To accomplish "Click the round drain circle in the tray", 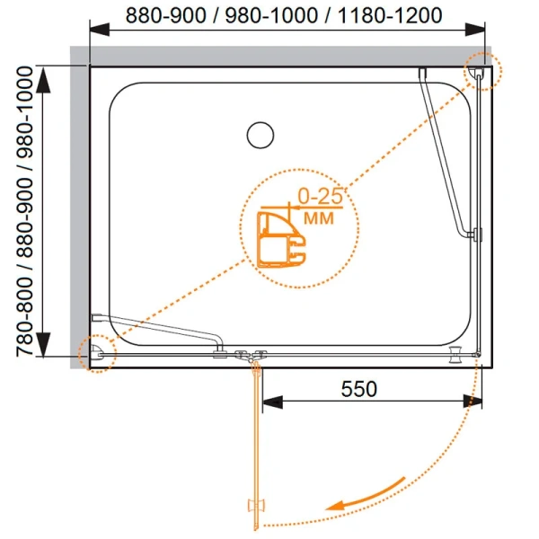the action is coord(261,135).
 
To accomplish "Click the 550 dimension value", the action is coord(358,389).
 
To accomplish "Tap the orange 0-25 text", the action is coord(320,196).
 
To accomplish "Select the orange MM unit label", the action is coord(319,218).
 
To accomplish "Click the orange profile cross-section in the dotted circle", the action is coord(281,240).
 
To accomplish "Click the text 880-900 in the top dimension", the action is coord(166,15).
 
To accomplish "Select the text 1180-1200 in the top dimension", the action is coord(390,15).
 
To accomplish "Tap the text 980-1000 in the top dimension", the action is coord(271,15).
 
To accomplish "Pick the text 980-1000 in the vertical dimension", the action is coord(25,112).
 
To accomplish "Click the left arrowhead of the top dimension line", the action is coord(100,30).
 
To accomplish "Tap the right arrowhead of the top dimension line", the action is coord(474,30).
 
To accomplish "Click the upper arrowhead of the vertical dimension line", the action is coord(43,80).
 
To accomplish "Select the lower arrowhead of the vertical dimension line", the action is coord(43,345).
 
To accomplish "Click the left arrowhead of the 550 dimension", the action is coord(272,402).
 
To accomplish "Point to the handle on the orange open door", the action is coord(256,509).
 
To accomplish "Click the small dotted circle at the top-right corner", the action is coord(483,71).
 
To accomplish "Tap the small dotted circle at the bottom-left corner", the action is coord(97,354).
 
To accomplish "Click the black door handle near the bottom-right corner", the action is coord(456,355).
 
